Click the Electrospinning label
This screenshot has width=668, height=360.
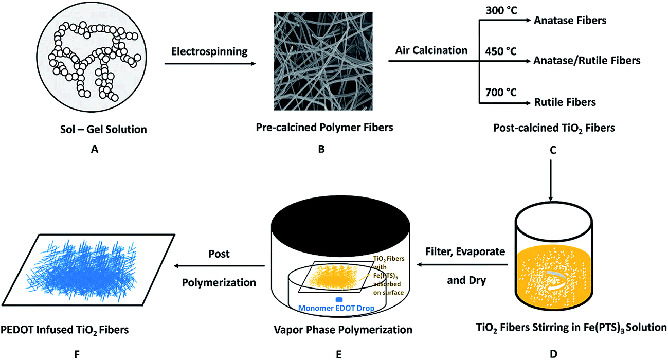209,51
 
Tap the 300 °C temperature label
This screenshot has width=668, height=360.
501,10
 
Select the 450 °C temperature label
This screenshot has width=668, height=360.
501,51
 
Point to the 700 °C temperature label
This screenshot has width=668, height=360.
501,93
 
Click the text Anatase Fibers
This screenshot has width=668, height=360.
570,20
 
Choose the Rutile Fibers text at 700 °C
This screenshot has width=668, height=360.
565,102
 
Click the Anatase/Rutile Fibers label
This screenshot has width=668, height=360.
587,61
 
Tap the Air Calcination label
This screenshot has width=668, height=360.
431,50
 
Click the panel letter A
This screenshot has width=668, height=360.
95,149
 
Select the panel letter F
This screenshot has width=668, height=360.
77,354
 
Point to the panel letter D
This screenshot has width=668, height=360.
553,354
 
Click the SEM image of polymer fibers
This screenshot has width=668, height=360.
323,61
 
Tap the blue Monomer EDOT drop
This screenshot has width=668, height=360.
339,299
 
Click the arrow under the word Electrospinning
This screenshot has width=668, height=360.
210,64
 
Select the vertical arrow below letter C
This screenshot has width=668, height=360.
551,181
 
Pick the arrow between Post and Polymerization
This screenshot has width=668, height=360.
219,265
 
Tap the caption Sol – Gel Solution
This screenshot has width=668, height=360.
103,130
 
